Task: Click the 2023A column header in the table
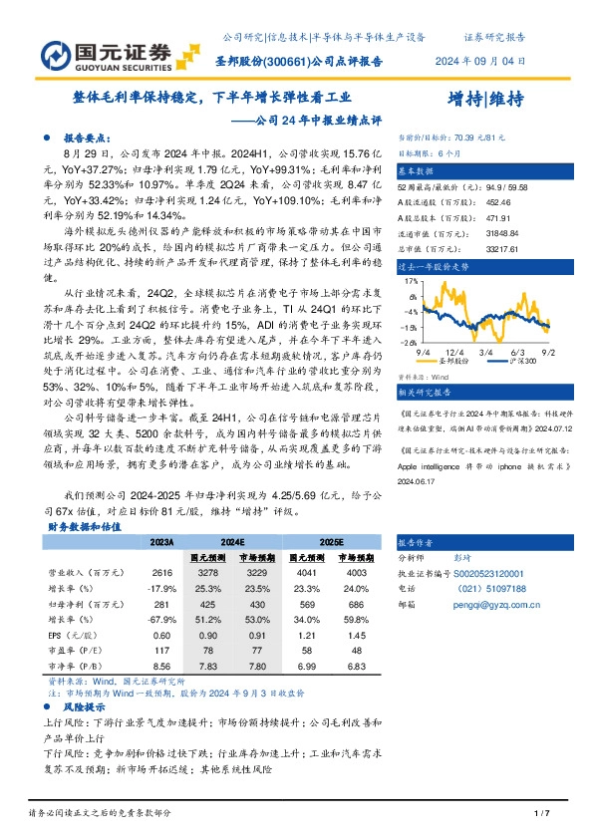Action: point(161,540)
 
